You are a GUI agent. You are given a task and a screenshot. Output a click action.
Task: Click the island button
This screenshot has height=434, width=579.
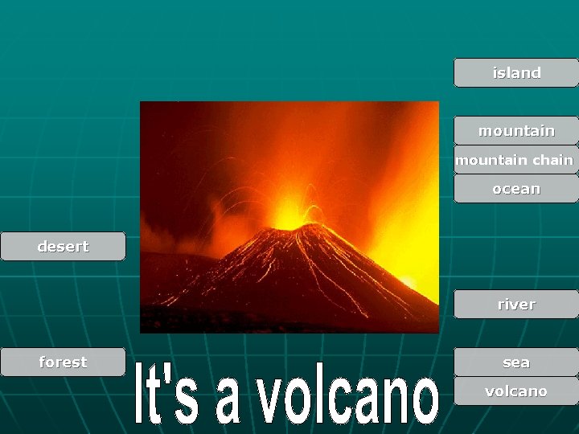516,73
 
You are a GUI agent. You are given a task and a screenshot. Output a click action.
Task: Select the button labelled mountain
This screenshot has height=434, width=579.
516,131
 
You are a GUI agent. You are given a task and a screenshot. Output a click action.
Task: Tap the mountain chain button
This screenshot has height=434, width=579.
515,160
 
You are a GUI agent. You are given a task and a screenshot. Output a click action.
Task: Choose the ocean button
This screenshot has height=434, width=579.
516,189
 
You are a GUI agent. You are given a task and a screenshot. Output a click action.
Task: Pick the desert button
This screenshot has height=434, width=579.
63,247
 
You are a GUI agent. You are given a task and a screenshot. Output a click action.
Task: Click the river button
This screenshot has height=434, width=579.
516,305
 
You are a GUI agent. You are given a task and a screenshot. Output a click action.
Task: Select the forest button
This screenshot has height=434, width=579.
63,362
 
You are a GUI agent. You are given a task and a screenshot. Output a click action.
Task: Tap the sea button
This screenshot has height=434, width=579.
516,362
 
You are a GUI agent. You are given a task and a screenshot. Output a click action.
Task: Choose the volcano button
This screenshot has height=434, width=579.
516,391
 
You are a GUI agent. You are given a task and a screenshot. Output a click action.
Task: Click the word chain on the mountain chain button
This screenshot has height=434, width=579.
552,160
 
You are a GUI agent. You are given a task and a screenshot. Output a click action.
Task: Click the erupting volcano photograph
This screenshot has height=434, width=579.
289,217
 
